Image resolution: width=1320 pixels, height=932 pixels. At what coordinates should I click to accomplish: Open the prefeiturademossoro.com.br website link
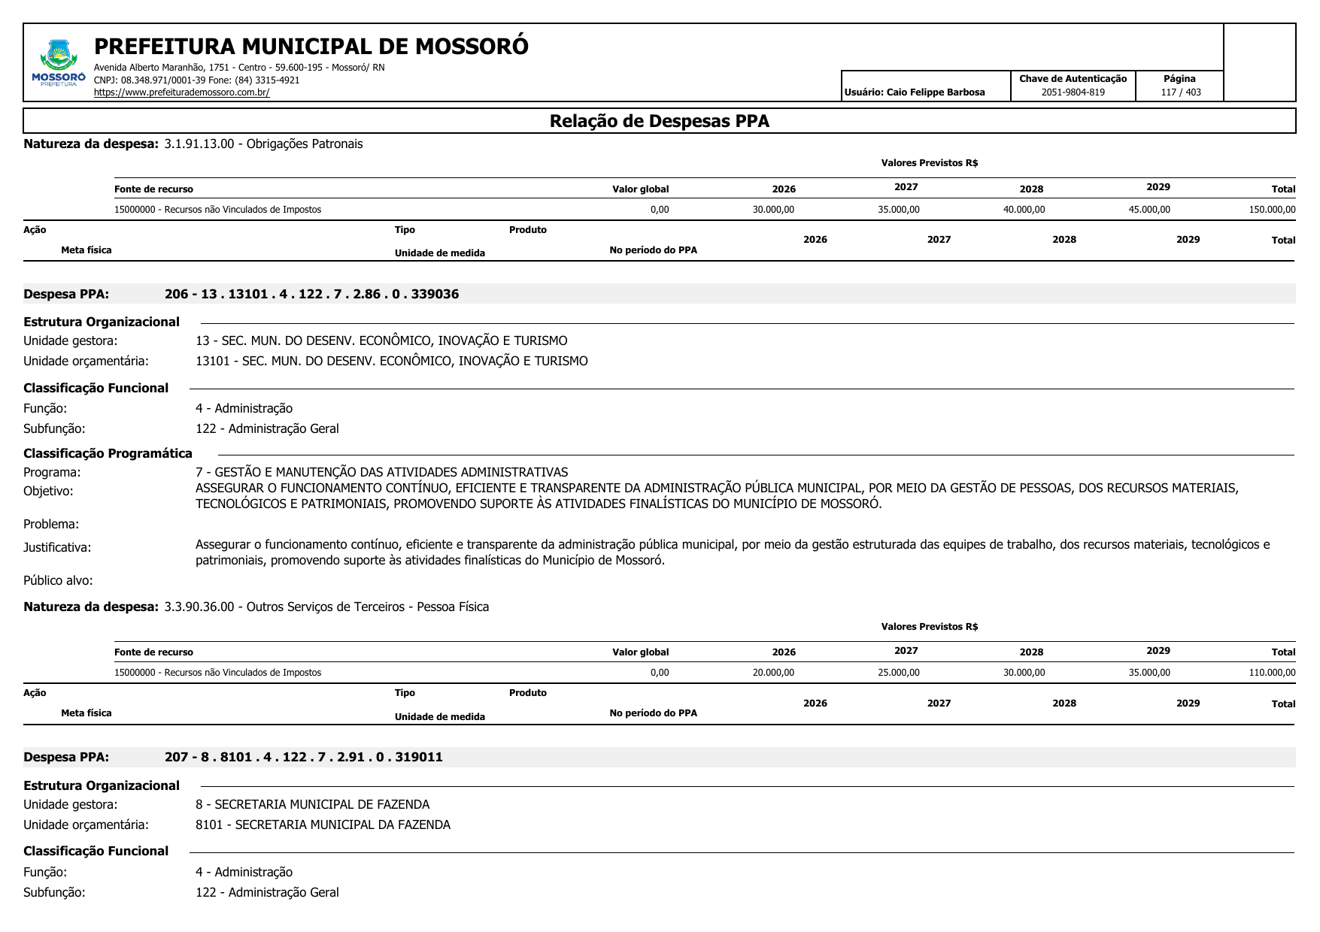pos(181,92)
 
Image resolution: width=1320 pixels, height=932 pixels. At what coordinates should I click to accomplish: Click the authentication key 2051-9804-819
pos(1073,92)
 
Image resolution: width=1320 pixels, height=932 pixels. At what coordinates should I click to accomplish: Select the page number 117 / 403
pos(1180,92)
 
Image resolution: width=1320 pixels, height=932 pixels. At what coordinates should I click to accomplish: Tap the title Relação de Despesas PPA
pos(659,121)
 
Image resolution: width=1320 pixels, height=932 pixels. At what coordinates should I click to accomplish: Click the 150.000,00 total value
pos(1272,210)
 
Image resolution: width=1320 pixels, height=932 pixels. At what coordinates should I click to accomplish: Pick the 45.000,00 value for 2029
pos(1149,210)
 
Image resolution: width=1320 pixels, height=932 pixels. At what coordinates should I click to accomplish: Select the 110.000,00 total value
pos(1272,673)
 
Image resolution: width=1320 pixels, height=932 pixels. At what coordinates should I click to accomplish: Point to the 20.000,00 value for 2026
pos(773,673)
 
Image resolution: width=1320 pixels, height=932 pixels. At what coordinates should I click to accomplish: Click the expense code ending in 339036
pos(311,294)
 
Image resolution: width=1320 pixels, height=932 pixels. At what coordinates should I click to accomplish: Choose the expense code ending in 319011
pos(303,757)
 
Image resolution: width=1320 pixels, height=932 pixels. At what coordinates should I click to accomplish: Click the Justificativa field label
pos(57,548)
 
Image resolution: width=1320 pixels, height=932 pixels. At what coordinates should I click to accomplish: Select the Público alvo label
pos(58,580)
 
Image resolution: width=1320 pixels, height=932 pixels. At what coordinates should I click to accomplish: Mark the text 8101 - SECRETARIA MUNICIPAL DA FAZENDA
pos(323,825)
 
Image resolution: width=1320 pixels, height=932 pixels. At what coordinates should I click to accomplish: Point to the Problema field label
pos(51,524)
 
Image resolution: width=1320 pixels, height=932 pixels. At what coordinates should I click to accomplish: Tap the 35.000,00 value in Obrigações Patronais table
pos(898,210)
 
